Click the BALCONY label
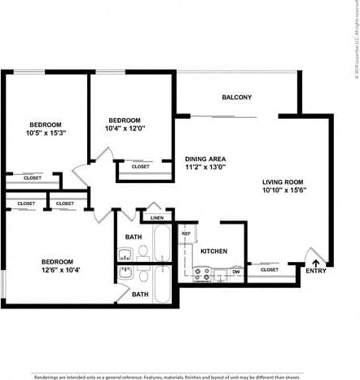coord(236,98)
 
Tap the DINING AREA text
coord(205,159)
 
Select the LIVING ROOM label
coord(283,181)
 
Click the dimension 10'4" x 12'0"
coord(125,128)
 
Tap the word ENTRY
coord(315,271)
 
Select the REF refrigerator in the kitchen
coord(187,234)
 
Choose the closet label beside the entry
coord(269,269)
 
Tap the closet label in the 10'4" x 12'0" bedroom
coord(140,166)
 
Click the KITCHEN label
coord(213,251)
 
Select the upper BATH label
coord(133,238)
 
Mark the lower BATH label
coord(140,295)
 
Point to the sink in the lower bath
coord(125,273)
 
